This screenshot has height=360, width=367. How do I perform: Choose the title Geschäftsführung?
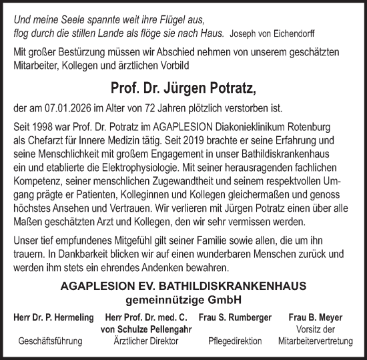51,341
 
